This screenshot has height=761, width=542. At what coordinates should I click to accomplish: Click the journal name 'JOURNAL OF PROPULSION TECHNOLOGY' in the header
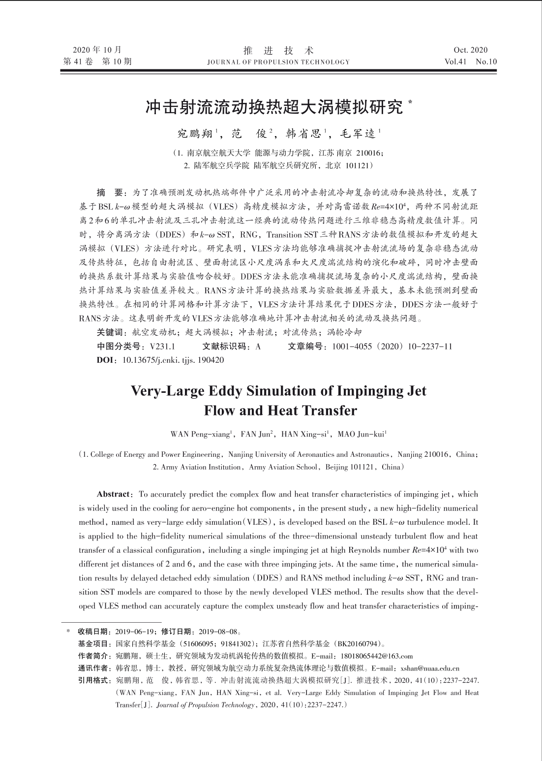point(278,62)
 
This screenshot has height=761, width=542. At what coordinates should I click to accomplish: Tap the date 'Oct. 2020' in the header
point(471,50)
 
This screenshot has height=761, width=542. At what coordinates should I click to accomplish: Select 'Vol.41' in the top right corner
point(456,62)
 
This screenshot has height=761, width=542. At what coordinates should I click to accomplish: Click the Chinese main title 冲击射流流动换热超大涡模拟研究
point(274,107)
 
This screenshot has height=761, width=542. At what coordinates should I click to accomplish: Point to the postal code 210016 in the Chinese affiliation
point(363,153)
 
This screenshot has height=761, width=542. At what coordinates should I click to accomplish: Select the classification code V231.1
point(163,347)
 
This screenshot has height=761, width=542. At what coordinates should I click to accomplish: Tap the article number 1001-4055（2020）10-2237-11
point(392,347)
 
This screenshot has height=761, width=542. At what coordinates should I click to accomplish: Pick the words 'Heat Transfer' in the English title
point(311,410)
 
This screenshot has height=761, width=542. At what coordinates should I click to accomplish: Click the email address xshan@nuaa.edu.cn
point(430,668)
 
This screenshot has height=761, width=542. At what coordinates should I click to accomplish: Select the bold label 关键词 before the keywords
point(112,332)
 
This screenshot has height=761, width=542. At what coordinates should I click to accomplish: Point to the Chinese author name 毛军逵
point(358,133)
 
